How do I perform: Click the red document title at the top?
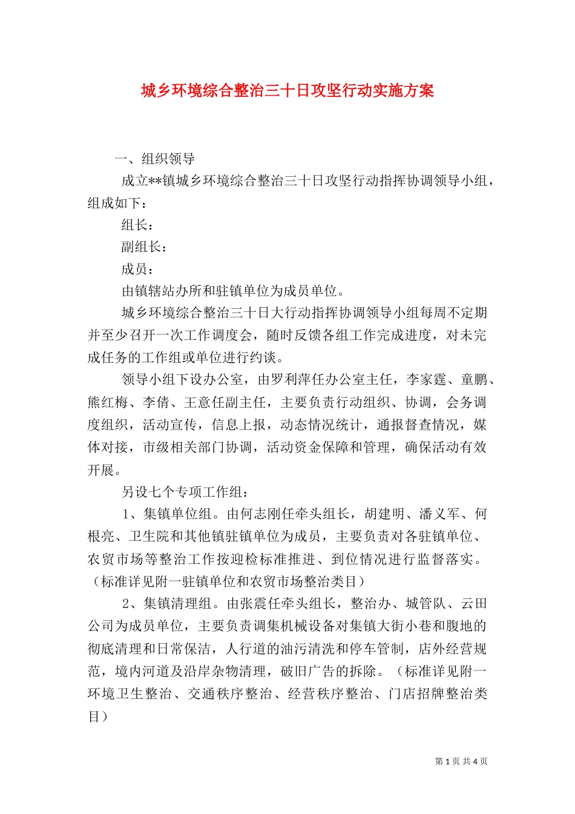pyautogui.click(x=287, y=91)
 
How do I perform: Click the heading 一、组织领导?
pyautogui.click(x=154, y=159)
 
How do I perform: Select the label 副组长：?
pyautogui.click(x=144, y=247)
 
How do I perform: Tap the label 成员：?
pyautogui.click(x=137, y=269)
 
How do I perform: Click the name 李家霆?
pyautogui.click(x=426, y=380)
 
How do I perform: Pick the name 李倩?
pyautogui.click(x=156, y=402)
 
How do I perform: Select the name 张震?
pyautogui.click(x=253, y=604)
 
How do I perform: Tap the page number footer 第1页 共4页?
pyautogui.click(x=461, y=761)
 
